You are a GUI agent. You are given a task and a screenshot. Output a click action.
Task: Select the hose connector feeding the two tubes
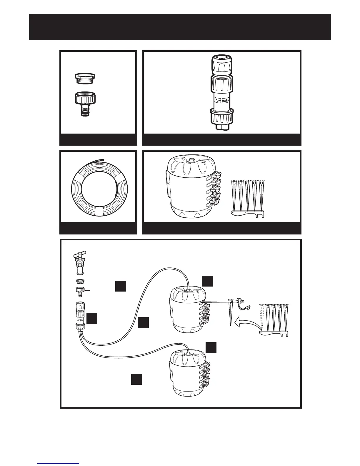pyautogui.click(x=80, y=315)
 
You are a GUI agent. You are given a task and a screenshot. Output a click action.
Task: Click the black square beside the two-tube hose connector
pyautogui.click(x=92, y=319)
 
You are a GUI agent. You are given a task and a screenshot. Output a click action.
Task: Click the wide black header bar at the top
pyautogui.click(x=180, y=27)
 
